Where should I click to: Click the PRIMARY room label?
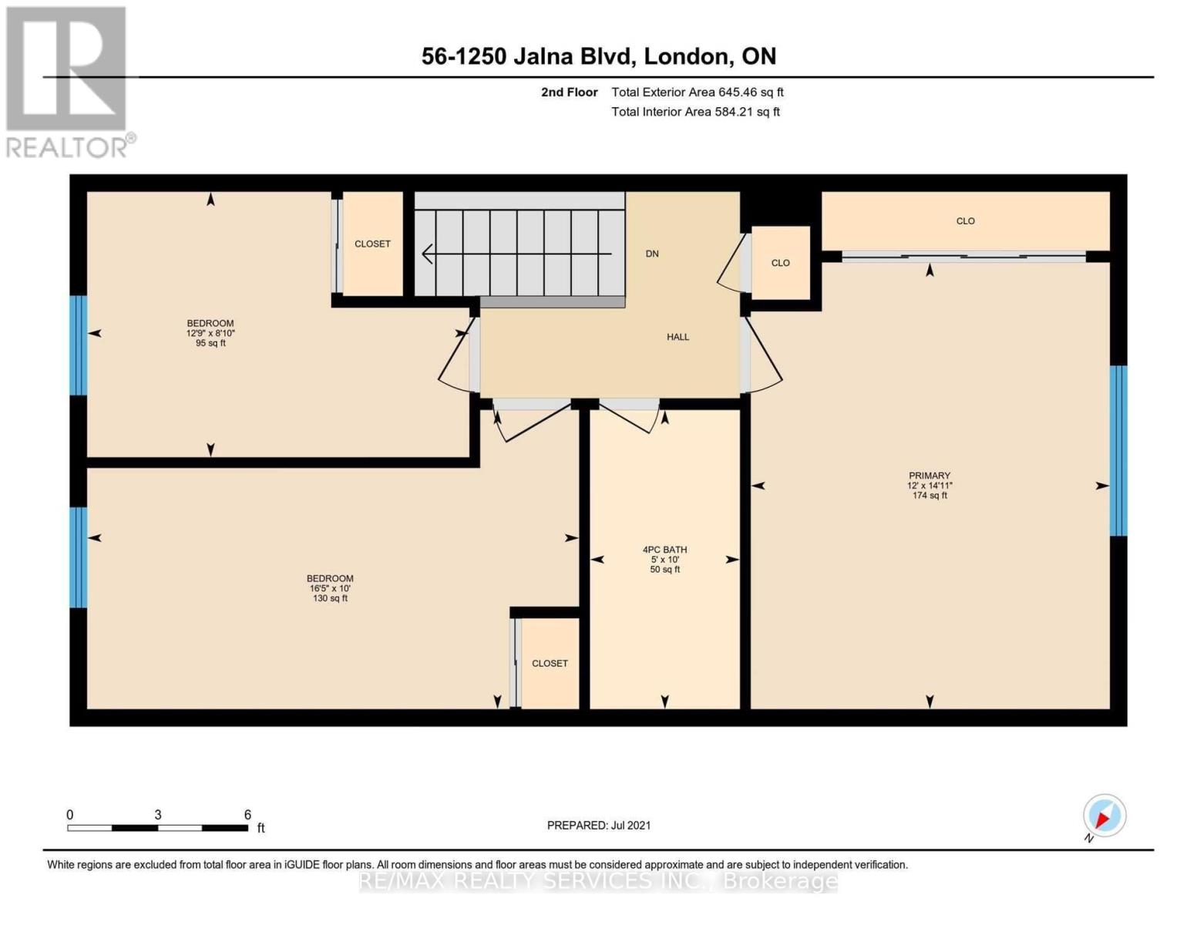coord(930,476)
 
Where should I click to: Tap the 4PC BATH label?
coord(664,550)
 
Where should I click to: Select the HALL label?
coord(678,337)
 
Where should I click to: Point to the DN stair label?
coord(651,254)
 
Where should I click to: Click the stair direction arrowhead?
coord(427,254)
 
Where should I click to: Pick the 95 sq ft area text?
coord(210,343)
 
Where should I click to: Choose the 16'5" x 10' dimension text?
coord(329,588)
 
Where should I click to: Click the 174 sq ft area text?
coord(930,496)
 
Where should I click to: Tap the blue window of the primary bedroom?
coord(1118,450)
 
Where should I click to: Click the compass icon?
coord(1104,816)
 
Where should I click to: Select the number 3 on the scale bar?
coord(157,814)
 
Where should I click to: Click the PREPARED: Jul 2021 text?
coord(598,826)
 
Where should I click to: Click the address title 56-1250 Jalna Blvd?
coord(529,56)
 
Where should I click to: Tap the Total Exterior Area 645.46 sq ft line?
coord(697,92)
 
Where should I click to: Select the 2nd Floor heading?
coord(569,92)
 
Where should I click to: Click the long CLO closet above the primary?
coord(965,221)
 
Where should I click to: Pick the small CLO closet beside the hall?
coord(781,263)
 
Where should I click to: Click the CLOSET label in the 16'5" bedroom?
coord(550,664)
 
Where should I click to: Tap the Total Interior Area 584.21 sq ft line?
coord(695,112)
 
